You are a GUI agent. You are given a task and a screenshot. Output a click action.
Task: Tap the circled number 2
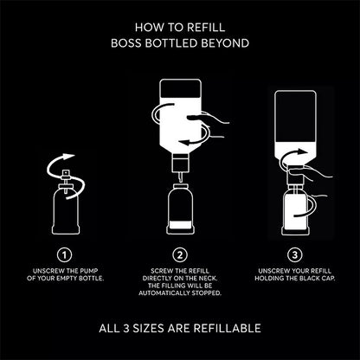179,254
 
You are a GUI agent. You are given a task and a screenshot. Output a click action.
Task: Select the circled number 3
295,254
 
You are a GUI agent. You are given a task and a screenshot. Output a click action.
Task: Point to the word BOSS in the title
126,42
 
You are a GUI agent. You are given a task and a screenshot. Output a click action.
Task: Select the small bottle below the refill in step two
179,208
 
